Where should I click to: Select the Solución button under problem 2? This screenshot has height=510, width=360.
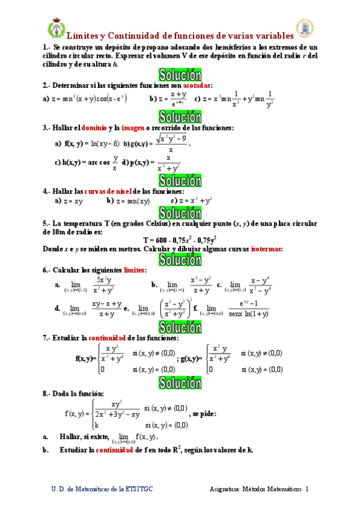click(x=180, y=116)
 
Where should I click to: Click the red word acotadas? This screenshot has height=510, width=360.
click(x=193, y=85)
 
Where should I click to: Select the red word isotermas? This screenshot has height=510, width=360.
click(x=267, y=249)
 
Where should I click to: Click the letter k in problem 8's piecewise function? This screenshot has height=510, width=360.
click(x=97, y=425)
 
